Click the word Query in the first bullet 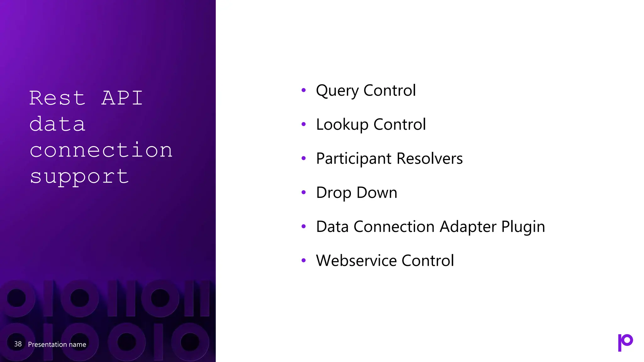[x=337, y=91]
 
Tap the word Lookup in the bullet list [x=342, y=125]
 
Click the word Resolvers [x=430, y=158]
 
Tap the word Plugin [x=523, y=227]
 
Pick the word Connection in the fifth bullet [x=394, y=227]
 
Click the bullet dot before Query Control [x=303, y=90]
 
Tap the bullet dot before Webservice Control [x=303, y=261]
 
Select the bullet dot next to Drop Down [x=303, y=192]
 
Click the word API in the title [x=122, y=98]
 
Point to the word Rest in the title [x=57, y=98]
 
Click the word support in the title [x=79, y=177]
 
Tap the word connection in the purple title [x=101, y=150]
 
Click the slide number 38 [x=18, y=344]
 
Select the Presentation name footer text [x=57, y=344]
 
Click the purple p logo [x=625, y=342]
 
